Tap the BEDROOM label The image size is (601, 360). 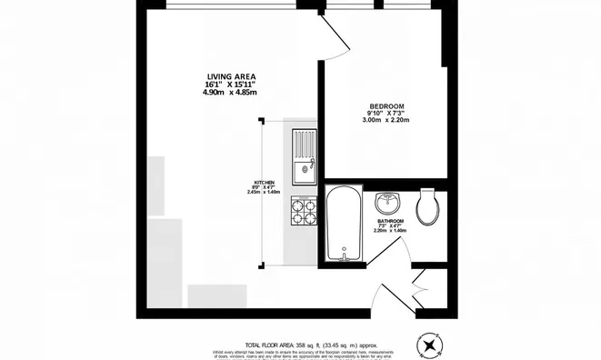coord(386,105)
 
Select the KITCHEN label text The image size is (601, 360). coord(264,181)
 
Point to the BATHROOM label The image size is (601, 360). coord(391,221)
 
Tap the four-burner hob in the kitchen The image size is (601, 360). coord(303,212)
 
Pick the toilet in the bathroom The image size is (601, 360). coord(428,208)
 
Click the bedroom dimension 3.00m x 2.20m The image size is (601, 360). coord(386,121)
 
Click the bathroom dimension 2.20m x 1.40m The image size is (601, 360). coord(391,232)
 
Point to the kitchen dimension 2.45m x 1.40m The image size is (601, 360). coord(264,193)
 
